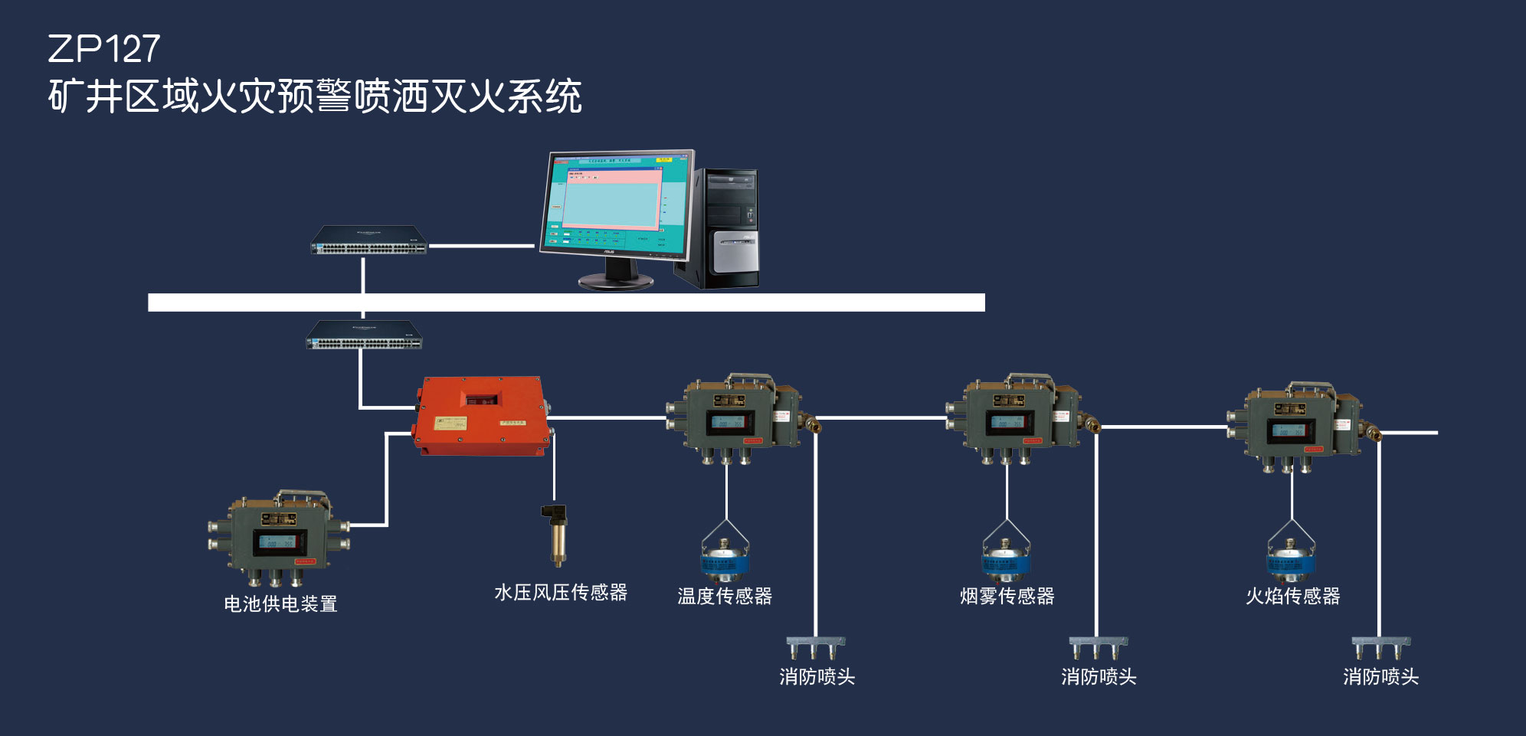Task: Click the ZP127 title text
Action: tap(103, 49)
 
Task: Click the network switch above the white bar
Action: tap(368, 240)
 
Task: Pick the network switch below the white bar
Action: tap(364, 335)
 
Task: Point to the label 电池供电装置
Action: tap(280, 604)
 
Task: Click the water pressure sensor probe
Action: tap(558, 534)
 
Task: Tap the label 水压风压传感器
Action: tap(561, 592)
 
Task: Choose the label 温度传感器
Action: tap(725, 596)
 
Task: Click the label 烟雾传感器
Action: tap(1007, 596)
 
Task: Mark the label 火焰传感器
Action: tap(1292, 596)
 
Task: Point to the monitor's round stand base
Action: tap(616, 281)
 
